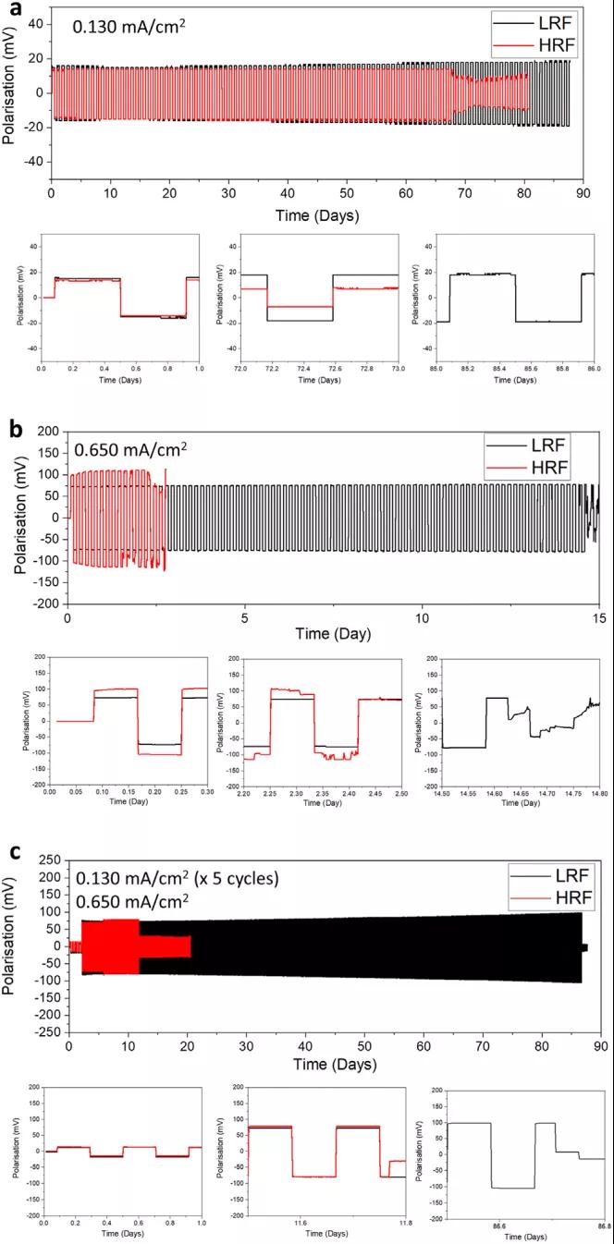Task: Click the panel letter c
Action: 15,843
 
